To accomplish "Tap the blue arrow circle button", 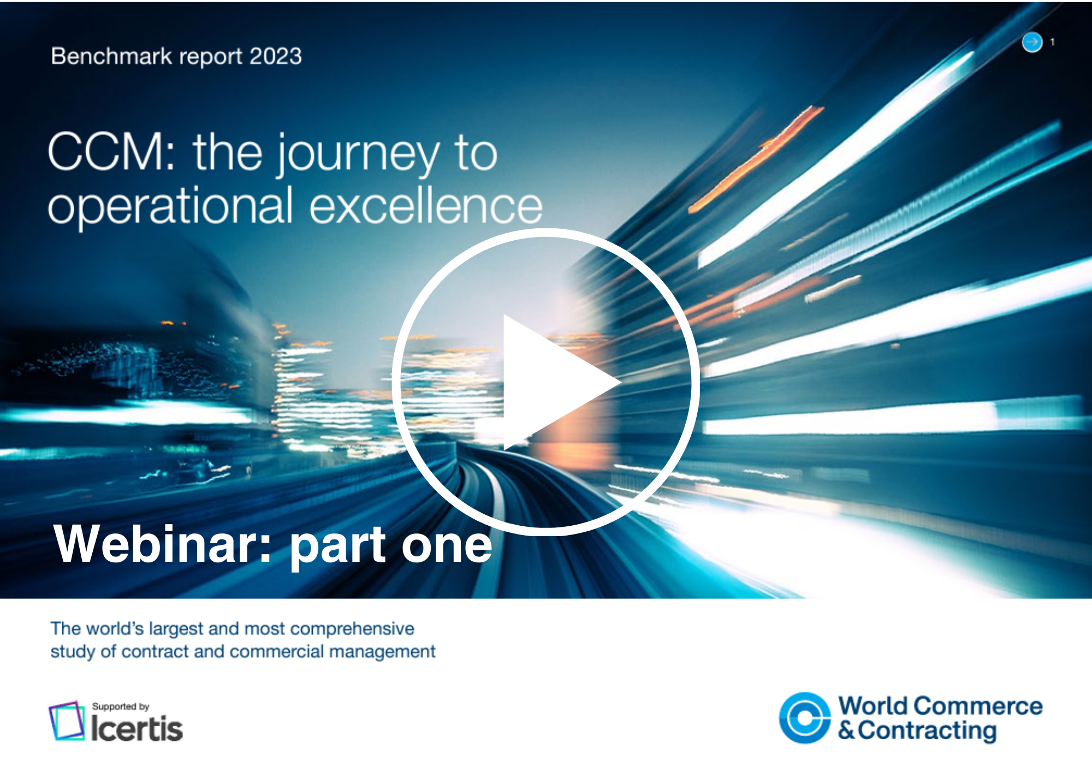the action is tap(1032, 42).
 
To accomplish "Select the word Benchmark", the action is tap(111, 56).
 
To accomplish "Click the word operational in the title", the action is tap(170, 208).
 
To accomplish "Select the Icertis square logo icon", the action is tap(67, 721).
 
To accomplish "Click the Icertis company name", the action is tap(136, 728).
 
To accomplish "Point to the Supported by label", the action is tap(121, 706).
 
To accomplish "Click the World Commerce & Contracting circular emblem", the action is tap(805, 718).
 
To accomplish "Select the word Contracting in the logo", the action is tap(927, 731).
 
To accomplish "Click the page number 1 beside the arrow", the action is tap(1052, 42).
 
